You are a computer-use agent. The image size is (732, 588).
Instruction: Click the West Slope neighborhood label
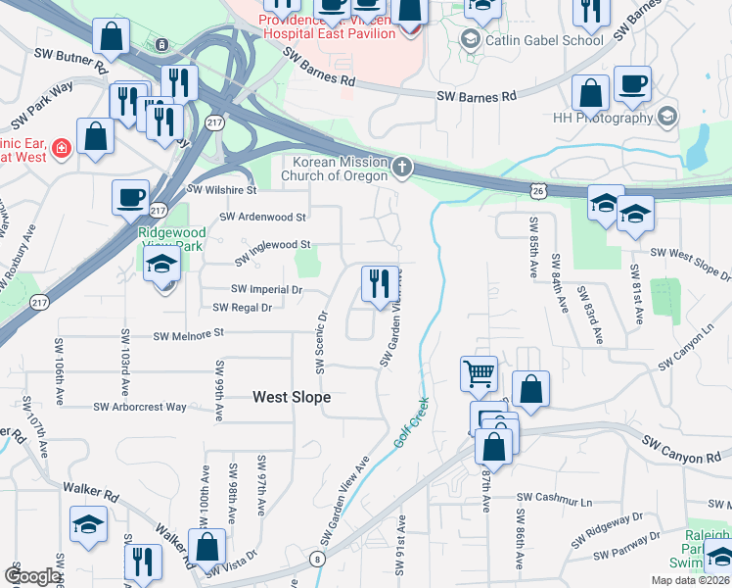pos(292,397)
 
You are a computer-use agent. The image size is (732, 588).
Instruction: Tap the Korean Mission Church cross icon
pos(401,169)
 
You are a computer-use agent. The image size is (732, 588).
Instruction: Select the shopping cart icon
pos(479,372)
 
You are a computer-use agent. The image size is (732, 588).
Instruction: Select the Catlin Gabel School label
pos(531,40)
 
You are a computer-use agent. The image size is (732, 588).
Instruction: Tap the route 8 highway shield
pos(318,559)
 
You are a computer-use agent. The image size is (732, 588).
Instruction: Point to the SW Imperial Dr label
pos(267,289)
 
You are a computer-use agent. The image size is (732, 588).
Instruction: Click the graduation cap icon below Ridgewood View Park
pos(162,265)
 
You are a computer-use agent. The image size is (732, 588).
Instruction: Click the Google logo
pos(32,576)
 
